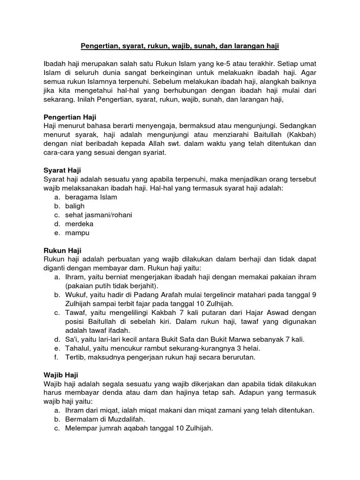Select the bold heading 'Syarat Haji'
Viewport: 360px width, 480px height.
click(62, 171)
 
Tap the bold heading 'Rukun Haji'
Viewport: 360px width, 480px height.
click(62, 251)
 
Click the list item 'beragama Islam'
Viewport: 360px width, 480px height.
click(91, 197)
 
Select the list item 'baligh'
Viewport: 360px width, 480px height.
click(75, 206)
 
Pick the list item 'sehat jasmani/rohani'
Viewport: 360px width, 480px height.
click(98, 215)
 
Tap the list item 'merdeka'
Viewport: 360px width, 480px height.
click(79, 224)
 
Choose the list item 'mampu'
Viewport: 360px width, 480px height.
click(77, 233)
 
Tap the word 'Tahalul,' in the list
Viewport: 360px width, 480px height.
click(78, 349)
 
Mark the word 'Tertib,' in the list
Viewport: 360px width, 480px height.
click(76, 358)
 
